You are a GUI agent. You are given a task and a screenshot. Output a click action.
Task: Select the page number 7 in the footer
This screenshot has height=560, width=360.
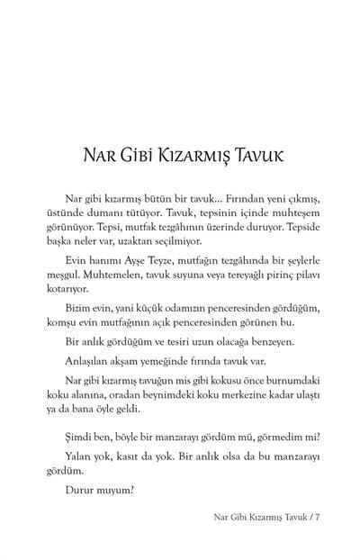(304, 518)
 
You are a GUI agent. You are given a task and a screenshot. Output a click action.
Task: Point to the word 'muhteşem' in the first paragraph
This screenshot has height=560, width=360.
(282, 210)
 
